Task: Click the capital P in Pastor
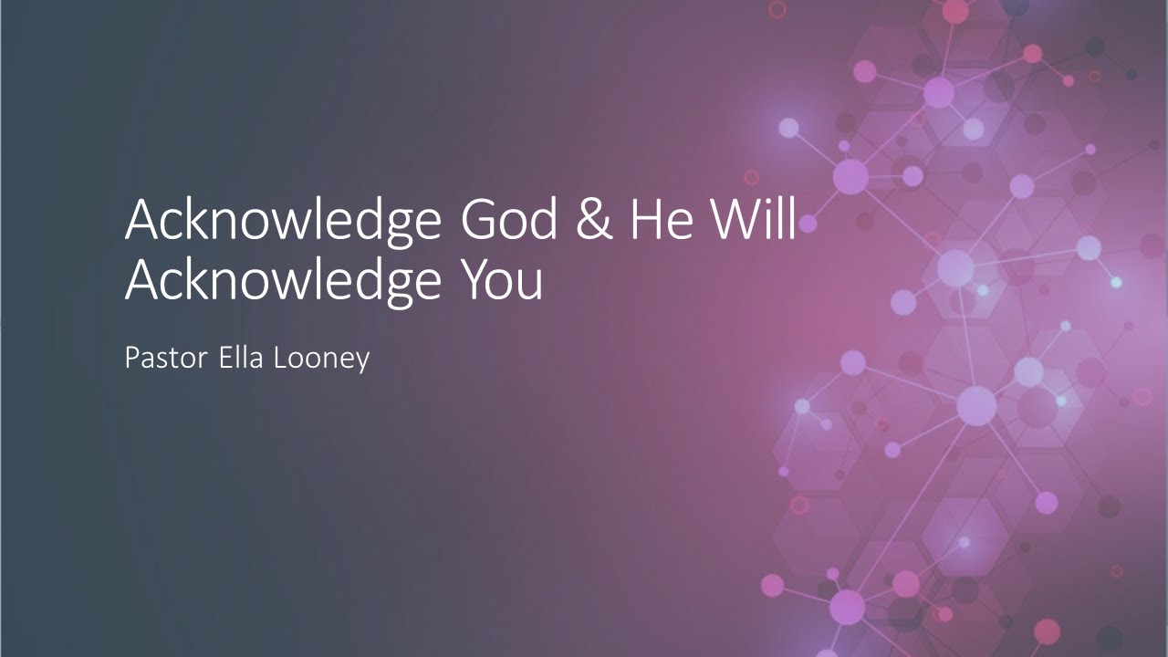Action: pos(131,358)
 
